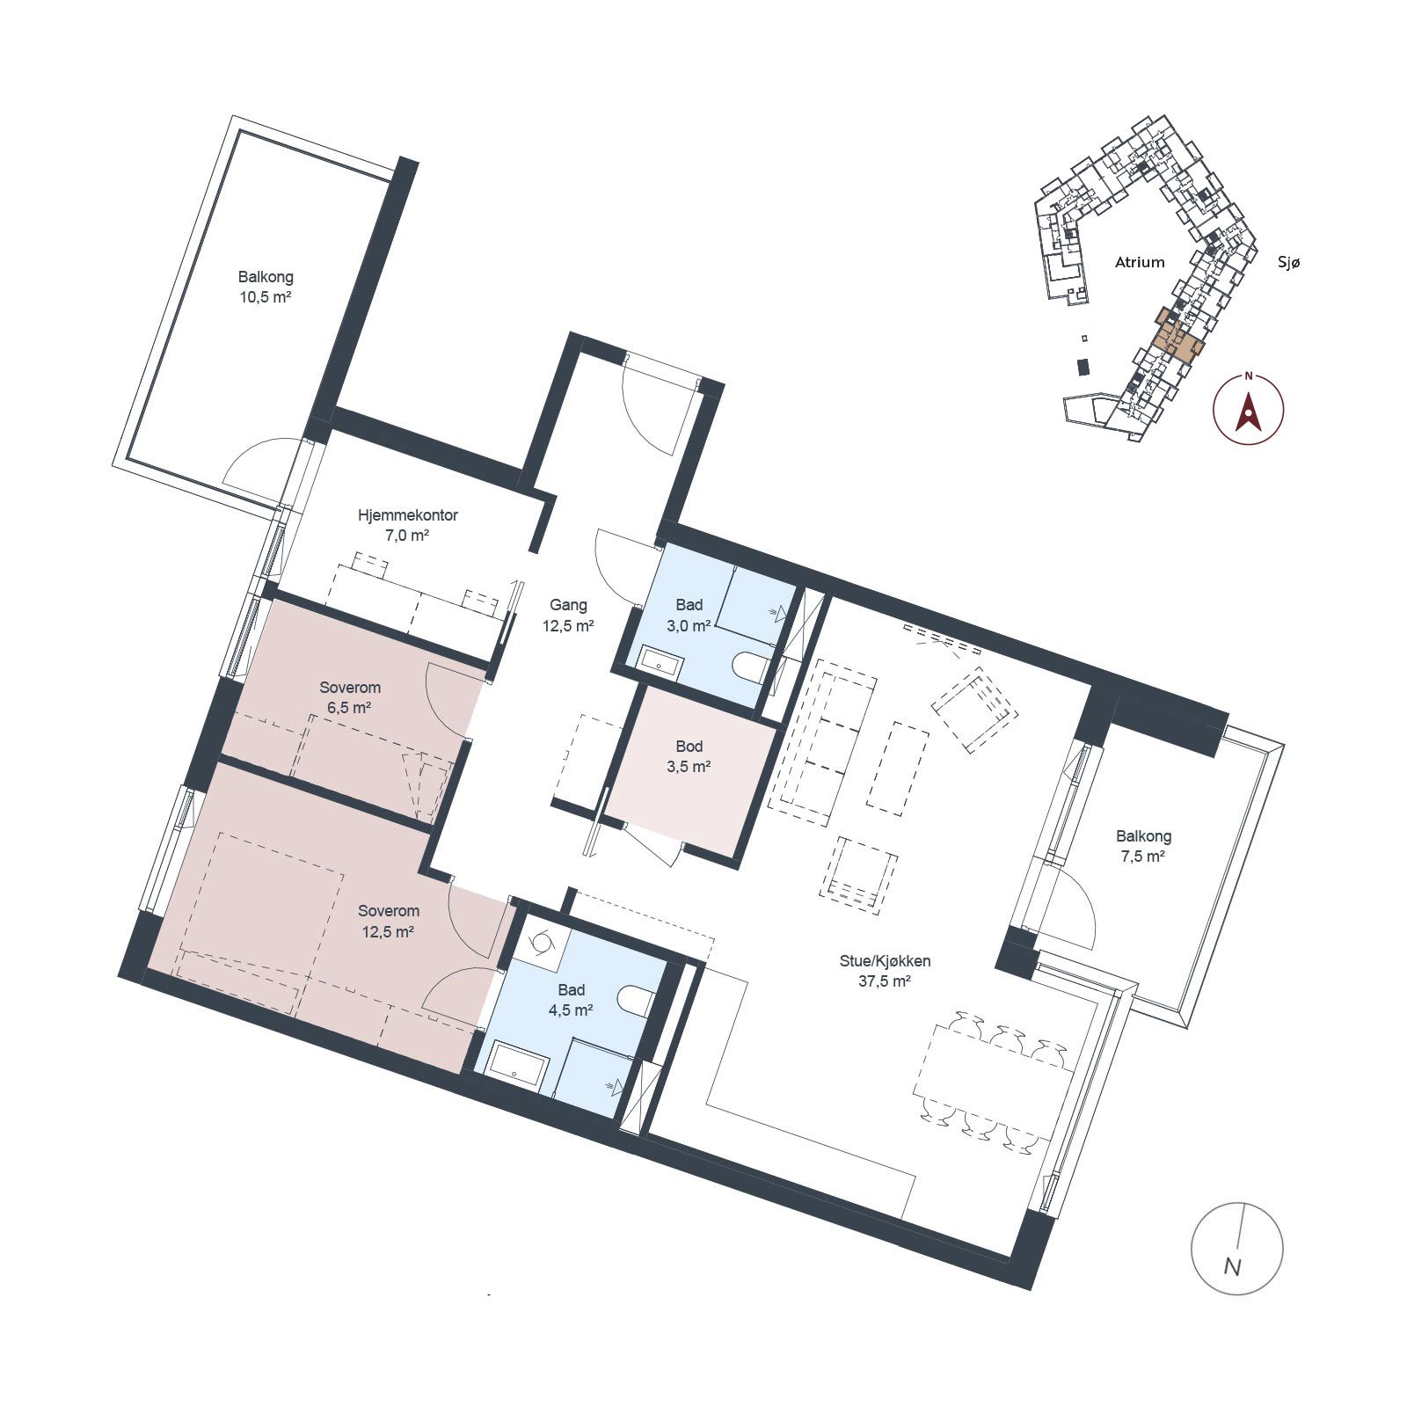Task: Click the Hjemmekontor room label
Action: [407, 525]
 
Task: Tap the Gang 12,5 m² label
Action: [568, 616]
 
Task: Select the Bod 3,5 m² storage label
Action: [689, 756]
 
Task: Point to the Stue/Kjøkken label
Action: [885, 971]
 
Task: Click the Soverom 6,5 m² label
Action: [350, 697]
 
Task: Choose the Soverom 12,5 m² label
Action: [388, 921]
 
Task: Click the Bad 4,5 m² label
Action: [571, 1000]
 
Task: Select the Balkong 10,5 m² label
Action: [266, 287]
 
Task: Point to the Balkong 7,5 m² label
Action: [1143, 846]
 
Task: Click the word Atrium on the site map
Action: [1140, 262]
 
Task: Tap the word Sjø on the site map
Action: [1288, 262]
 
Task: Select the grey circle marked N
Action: [1236, 1248]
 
